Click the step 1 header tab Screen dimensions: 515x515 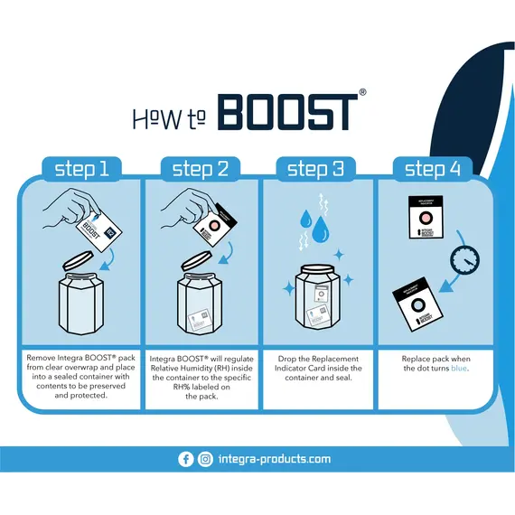pyautogui.click(x=81, y=168)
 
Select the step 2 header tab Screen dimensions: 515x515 pyautogui.click(x=201, y=168)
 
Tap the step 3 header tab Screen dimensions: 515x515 pyautogui.click(x=315, y=168)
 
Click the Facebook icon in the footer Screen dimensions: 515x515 pyautogui.click(x=186, y=459)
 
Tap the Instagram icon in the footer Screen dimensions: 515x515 pyautogui.click(x=205, y=459)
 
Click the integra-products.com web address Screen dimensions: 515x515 pyautogui.click(x=275, y=459)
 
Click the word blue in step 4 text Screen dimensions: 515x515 pyautogui.click(x=460, y=369)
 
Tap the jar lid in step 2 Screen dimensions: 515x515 pyautogui.click(x=199, y=262)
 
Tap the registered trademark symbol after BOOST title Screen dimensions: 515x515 pyautogui.click(x=362, y=92)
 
